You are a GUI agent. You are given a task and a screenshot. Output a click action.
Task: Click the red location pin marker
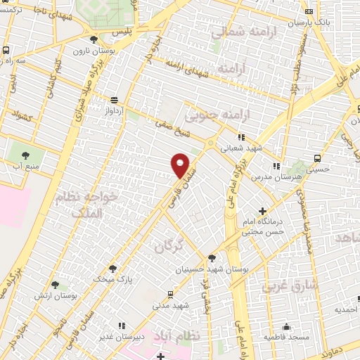(181, 165)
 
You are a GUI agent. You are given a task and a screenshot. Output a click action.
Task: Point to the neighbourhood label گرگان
(168, 245)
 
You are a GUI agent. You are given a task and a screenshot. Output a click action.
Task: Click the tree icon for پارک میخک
(112, 268)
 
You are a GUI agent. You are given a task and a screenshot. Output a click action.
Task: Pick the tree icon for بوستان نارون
(94, 39)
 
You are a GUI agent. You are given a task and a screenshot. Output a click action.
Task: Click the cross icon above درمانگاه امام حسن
(263, 211)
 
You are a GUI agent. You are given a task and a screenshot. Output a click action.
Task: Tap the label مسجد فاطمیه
(285, 337)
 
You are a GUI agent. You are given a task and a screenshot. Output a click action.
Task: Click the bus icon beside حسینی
(317, 157)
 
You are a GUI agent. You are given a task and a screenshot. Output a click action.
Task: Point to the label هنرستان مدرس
(278, 177)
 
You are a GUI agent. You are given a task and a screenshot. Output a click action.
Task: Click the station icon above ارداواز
(114, 99)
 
